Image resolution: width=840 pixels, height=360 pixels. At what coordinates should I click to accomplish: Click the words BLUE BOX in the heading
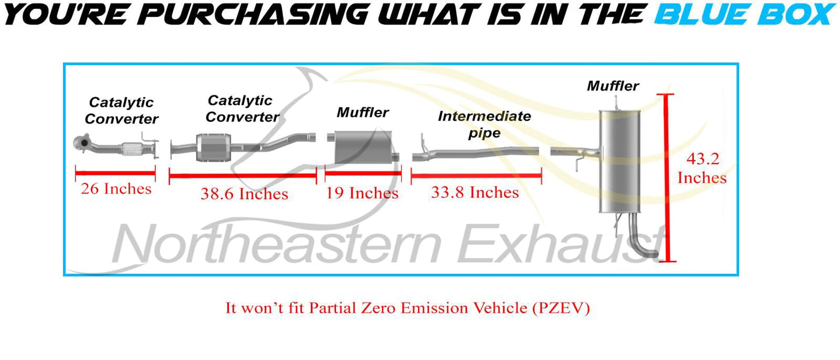745,15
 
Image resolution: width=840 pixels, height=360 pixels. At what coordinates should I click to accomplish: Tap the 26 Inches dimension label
116,188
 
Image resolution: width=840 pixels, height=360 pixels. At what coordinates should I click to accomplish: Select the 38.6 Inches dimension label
244,194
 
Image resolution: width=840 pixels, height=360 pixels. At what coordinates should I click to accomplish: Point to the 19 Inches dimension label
362,193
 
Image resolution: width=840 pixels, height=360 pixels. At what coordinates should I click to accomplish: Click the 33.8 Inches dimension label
475,193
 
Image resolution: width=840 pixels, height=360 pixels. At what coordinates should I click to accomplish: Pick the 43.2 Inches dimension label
702,168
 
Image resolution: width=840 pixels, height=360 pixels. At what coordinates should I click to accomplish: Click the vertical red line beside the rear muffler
666,177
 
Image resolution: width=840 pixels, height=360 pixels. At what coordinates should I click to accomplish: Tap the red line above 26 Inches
115,173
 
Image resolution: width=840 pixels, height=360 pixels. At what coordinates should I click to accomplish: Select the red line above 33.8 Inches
476,176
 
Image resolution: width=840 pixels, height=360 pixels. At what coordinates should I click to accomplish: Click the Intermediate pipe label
484,124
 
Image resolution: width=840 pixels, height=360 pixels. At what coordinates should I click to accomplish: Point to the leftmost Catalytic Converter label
121,111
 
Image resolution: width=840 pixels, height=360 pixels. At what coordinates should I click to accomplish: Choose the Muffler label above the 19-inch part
363,112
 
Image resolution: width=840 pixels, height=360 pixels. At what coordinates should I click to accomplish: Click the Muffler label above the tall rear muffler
613,86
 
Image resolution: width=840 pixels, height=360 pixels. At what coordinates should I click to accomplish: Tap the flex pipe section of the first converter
132,149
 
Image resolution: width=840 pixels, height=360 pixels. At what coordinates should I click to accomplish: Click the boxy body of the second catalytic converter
213,147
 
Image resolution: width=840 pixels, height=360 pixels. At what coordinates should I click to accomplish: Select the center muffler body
363,147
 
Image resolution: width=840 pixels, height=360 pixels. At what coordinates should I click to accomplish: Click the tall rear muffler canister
620,161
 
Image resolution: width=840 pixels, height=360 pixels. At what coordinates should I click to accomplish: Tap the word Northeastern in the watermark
277,244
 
